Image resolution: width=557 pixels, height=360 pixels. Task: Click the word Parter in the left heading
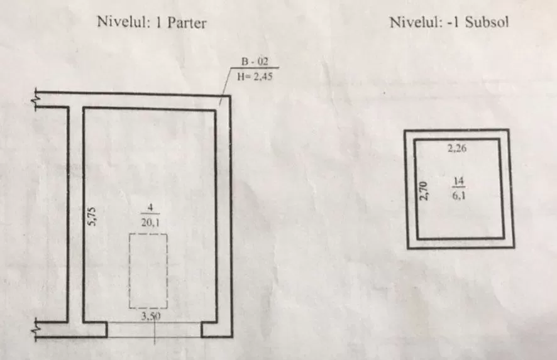[x=187, y=23]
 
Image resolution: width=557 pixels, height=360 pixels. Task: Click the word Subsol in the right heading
[x=487, y=23]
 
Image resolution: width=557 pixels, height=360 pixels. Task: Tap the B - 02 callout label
[x=255, y=62]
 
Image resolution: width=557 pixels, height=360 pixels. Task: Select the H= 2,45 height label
[x=255, y=76]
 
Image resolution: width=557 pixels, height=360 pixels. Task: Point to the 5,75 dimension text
[x=92, y=217]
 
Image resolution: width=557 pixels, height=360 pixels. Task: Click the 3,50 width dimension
[x=151, y=316]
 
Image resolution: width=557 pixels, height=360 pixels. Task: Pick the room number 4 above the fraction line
[x=150, y=207]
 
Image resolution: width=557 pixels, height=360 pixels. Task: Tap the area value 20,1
[x=150, y=222]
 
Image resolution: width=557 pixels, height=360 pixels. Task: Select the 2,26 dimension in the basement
[x=457, y=148]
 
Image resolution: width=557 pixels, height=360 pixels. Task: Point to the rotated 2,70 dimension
[x=423, y=190]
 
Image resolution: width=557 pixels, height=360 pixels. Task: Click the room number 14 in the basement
[x=458, y=182]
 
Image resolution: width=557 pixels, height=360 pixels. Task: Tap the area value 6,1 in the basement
[x=458, y=195]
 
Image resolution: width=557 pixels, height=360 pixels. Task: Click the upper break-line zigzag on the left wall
[x=36, y=100]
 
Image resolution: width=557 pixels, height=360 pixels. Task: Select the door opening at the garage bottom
[x=154, y=329]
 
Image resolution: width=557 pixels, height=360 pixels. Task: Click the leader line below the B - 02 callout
[x=225, y=86]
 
